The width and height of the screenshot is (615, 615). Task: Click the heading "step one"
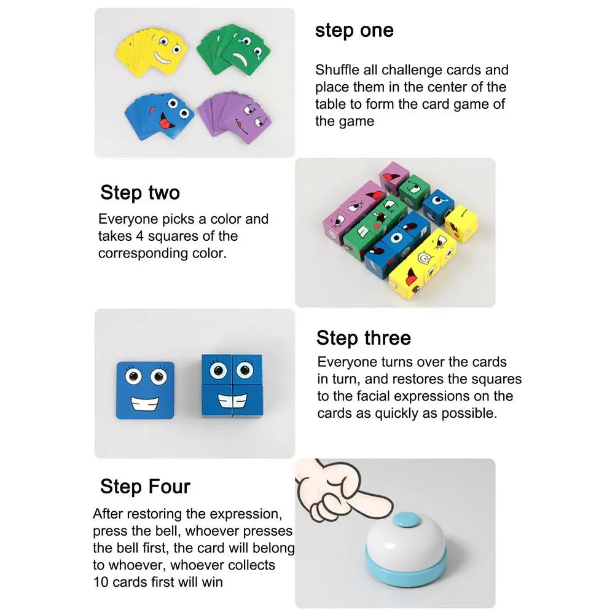(354, 31)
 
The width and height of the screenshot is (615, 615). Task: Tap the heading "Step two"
(140, 193)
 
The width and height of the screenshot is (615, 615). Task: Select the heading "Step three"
(364, 338)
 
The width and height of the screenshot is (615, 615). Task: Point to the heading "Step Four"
(145, 487)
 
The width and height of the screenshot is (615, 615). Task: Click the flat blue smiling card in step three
(145, 390)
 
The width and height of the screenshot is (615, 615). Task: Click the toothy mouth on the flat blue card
(145, 404)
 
